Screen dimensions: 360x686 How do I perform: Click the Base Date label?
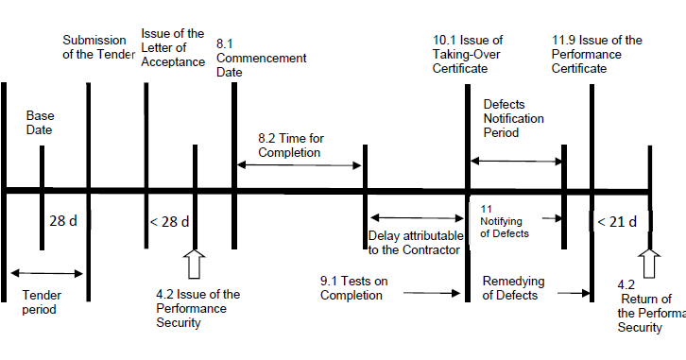pyautogui.click(x=39, y=122)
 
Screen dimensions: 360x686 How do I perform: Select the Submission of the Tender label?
pyautogui.click(x=98, y=46)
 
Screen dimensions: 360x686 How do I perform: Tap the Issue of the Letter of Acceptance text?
pyautogui.click(x=172, y=47)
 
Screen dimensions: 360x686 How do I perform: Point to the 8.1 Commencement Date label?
pyautogui.click(x=261, y=58)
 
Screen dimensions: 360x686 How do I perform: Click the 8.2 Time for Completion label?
pyautogui.click(x=289, y=145)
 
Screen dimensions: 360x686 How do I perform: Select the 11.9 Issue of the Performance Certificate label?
pyautogui.click(x=596, y=54)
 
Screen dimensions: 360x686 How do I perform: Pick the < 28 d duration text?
pyautogui.click(x=169, y=222)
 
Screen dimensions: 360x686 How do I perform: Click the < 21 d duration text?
pyautogui.click(x=616, y=222)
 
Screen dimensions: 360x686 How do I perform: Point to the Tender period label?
pyautogui.click(x=42, y=301)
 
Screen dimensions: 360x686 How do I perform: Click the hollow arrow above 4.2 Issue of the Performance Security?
pyautogui.click(x=196, y=265)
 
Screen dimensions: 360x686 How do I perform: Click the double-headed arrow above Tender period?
pyautogui.click(x=43, y=273)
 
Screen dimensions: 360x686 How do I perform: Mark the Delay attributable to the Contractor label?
pyautogui.click(x=414, y=243)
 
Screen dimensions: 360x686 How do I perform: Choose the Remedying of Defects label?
pyautogui.click(x=510, y=288)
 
